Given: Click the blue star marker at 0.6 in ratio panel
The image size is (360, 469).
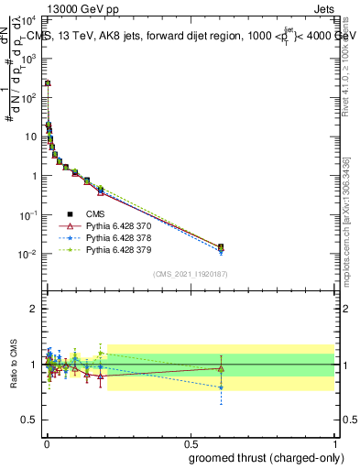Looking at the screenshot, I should [220, 387].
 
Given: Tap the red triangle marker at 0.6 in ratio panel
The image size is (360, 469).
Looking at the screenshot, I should [220, 369].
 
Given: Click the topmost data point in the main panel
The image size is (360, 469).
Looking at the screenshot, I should [48, 83].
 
